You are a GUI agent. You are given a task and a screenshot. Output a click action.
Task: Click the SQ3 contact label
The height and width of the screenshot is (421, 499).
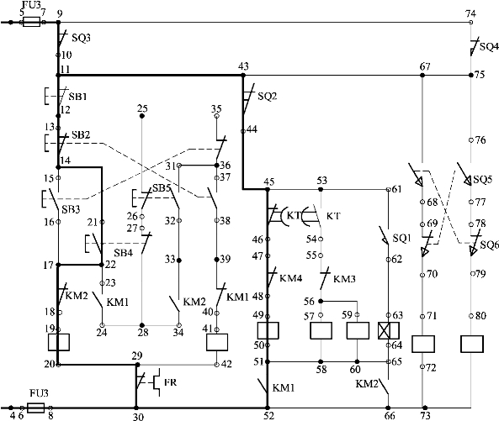tap(81, 38)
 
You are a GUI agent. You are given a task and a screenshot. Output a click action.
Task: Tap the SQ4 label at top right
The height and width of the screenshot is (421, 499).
tap(489, 47)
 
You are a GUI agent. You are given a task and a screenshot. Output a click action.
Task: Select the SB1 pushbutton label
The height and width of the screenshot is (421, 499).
tap(77, 97)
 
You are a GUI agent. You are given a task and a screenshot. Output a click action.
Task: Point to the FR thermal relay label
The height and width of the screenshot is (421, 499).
tap(170, 382)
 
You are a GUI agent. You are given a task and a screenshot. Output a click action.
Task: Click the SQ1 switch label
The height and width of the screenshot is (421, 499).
tap(401, 238)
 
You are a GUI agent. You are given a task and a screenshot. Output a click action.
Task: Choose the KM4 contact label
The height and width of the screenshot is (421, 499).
tap(290, 278)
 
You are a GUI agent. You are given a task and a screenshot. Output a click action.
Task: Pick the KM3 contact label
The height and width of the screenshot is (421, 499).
tap(344, 279)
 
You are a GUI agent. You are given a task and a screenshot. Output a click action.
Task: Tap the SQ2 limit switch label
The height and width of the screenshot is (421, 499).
tap(268, 96)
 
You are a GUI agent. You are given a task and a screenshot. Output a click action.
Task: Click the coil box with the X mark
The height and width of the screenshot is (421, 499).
tap(389, 330)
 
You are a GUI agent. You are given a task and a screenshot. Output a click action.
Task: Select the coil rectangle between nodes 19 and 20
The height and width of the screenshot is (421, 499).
tap(59, 342)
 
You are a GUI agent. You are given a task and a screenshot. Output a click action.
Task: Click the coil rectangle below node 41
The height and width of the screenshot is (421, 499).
tap(217, 342)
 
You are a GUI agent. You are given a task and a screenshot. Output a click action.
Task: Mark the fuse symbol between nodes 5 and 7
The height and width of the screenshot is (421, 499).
tap(31, 22)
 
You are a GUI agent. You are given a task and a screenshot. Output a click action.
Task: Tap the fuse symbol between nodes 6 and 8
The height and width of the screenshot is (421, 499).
tap(35, 408)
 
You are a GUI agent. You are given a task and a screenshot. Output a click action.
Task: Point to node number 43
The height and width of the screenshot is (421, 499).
tap(243, 66)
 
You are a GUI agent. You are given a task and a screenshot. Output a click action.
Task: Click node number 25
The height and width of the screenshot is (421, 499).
tap(142, 108)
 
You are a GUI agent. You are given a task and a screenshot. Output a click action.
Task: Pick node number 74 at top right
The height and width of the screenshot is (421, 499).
tap(470, 13)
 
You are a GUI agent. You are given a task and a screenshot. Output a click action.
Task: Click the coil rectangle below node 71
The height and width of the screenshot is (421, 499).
tap(423, 344)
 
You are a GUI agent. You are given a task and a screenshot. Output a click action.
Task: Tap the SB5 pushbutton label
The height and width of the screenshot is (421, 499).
tap(162, 187)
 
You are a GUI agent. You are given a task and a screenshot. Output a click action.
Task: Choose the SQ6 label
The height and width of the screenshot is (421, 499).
tap(490, 245)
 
